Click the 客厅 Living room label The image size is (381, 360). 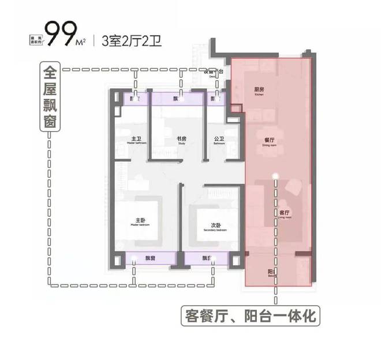coord(283,213)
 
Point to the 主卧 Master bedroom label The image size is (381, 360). coord(141,221)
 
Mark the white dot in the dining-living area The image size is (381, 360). coord(277,176)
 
